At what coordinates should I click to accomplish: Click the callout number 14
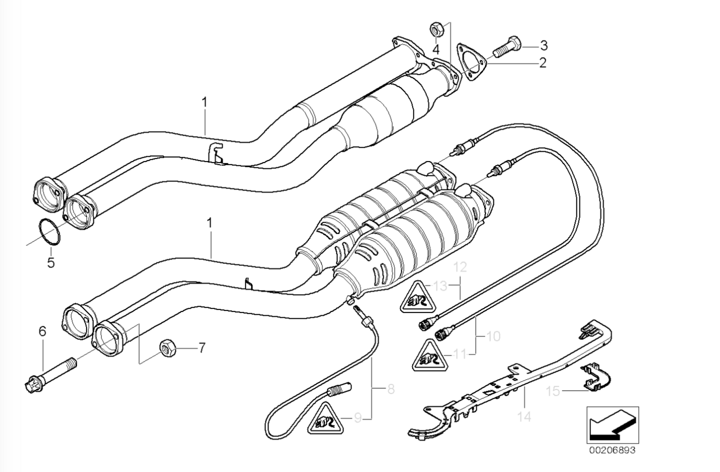tap(524, 417)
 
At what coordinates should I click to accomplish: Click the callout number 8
tap(390, 390)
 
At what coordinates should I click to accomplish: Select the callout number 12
tap(459, 267)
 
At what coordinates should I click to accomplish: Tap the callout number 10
tap(493, 336)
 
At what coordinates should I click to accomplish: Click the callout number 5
tap(51, 262)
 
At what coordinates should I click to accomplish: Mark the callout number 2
tap(543, 63)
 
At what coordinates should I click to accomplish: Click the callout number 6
tap(42, 331)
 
